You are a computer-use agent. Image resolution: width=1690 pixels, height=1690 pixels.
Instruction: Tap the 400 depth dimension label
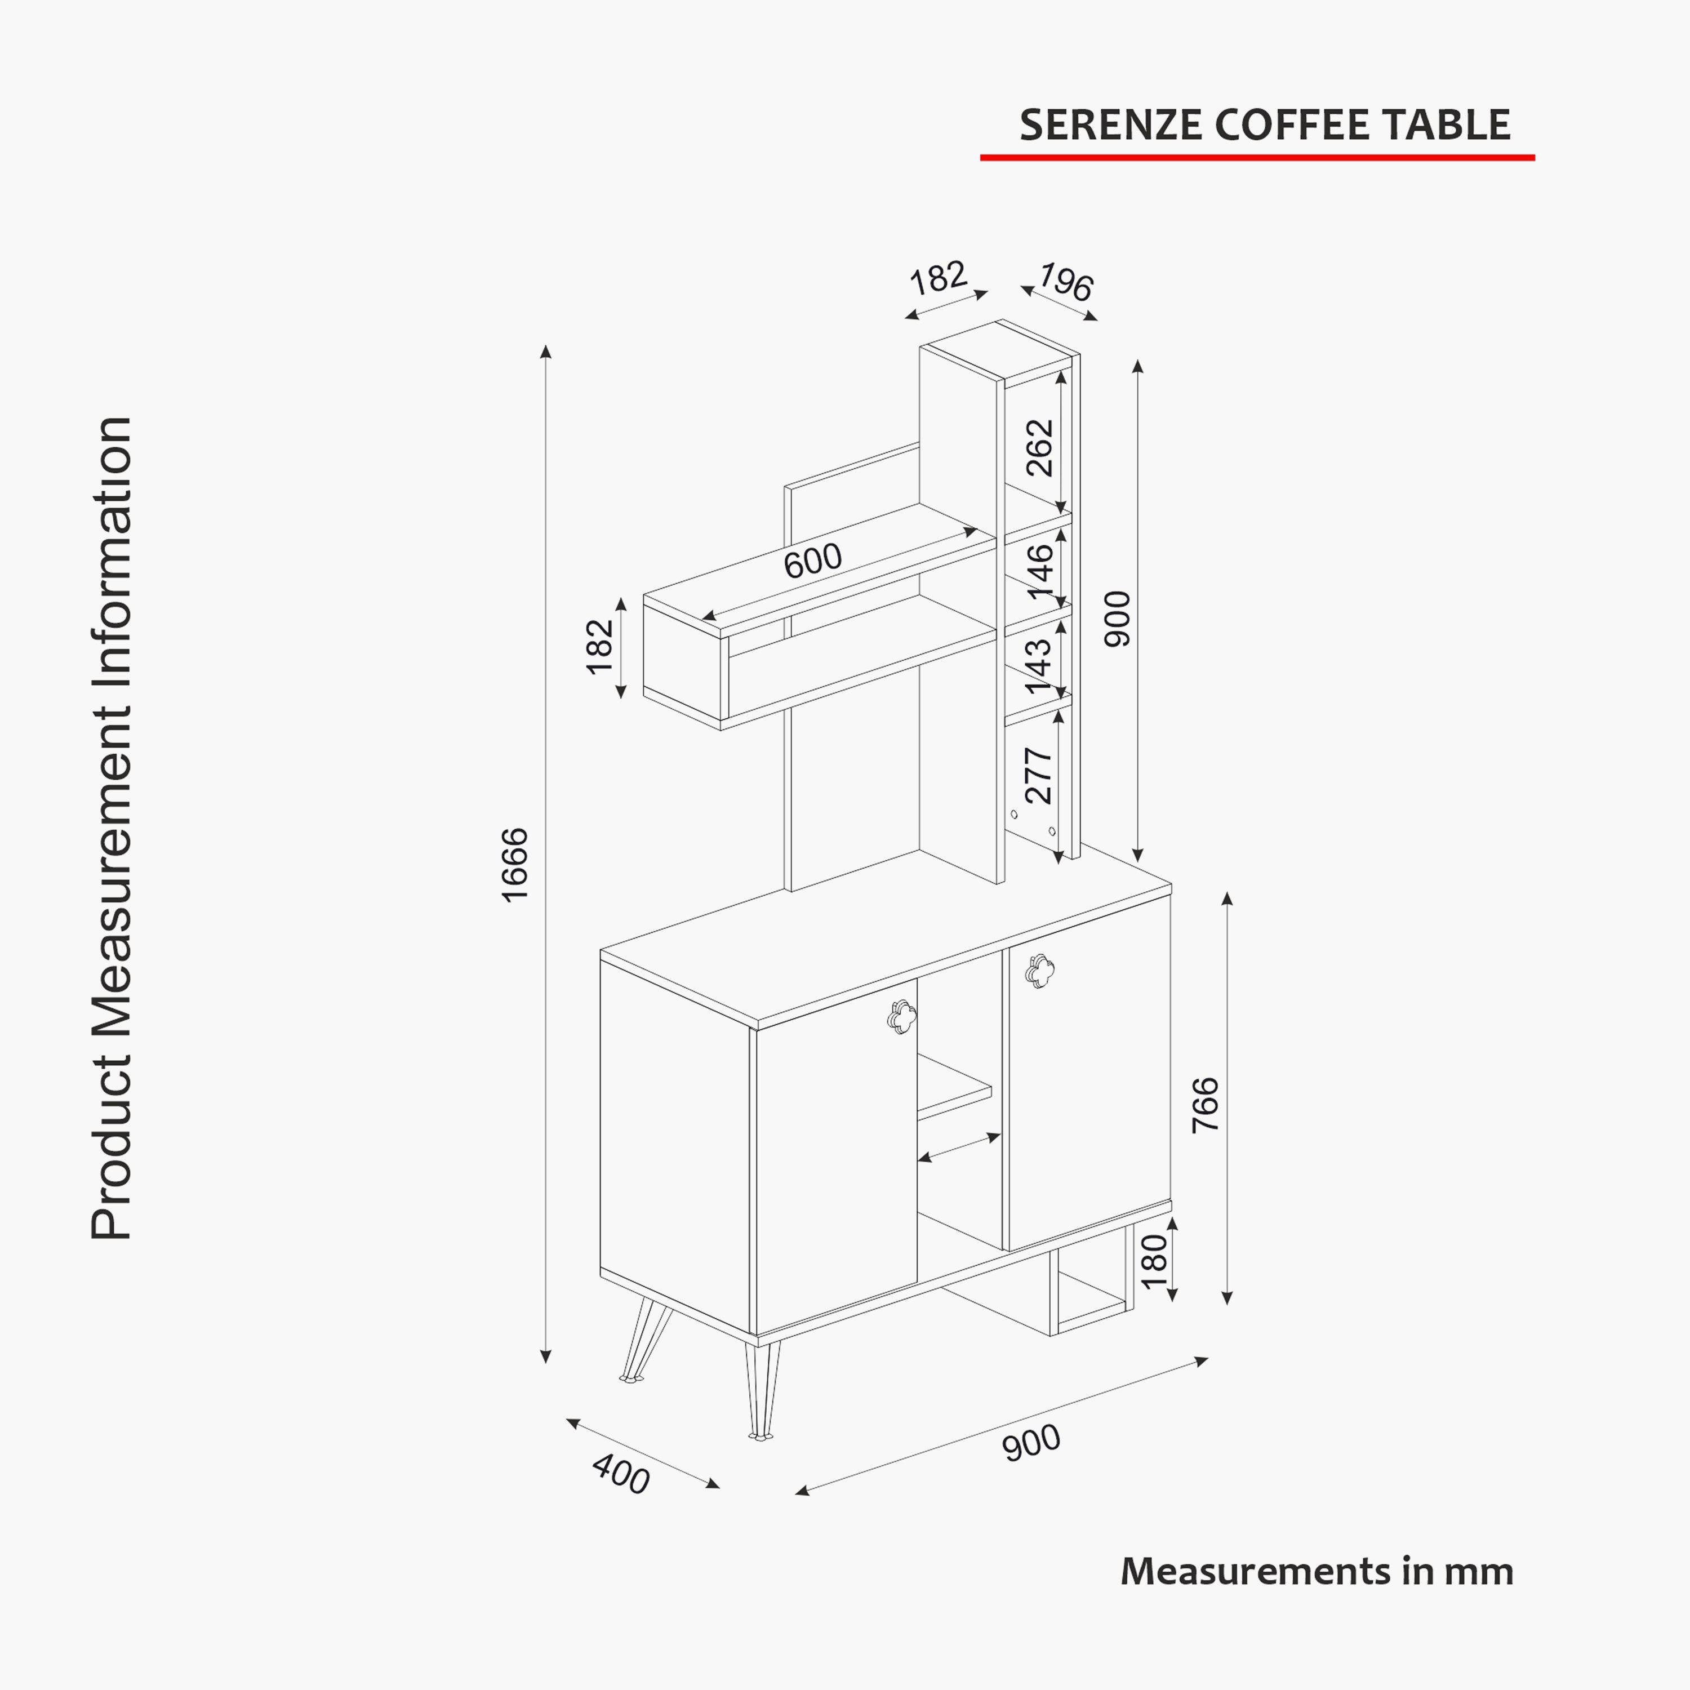tap(621, 1474)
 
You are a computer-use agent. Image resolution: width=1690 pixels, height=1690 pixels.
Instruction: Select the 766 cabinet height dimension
tap(1206, 1105)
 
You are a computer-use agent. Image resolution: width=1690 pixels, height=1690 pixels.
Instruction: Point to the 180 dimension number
tap(1155, 1261)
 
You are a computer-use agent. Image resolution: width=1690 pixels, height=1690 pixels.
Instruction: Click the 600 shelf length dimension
tap(813, 560)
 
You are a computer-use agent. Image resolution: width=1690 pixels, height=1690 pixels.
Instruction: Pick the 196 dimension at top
tap(1065, 283)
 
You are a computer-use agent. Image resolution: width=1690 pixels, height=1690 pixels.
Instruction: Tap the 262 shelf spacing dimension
tap(1040, 448)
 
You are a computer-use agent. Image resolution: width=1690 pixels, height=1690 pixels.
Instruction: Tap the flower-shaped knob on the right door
tap(1040, 970)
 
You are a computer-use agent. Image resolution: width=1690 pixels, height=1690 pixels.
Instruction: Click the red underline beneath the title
tap(1257, 158)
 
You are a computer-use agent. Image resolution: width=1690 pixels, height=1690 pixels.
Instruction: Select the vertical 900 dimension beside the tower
tap(1117, 619)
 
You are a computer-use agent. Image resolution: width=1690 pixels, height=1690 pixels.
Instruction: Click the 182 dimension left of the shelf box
tap(600, 647)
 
